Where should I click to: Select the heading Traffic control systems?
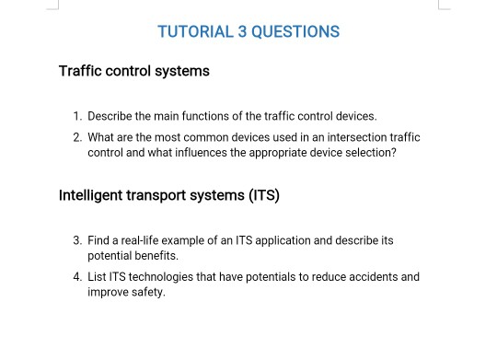point(134,71)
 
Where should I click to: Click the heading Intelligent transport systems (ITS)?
point(169,195)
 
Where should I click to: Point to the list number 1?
point(77,117)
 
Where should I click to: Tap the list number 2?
point(77,137)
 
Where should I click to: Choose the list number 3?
point(77,240)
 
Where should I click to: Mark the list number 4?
point(77,276)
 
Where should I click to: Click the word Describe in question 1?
point(110,117)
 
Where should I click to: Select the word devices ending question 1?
point(356,117)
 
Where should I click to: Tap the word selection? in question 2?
point(369,153)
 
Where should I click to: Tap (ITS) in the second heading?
point(262,195)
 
